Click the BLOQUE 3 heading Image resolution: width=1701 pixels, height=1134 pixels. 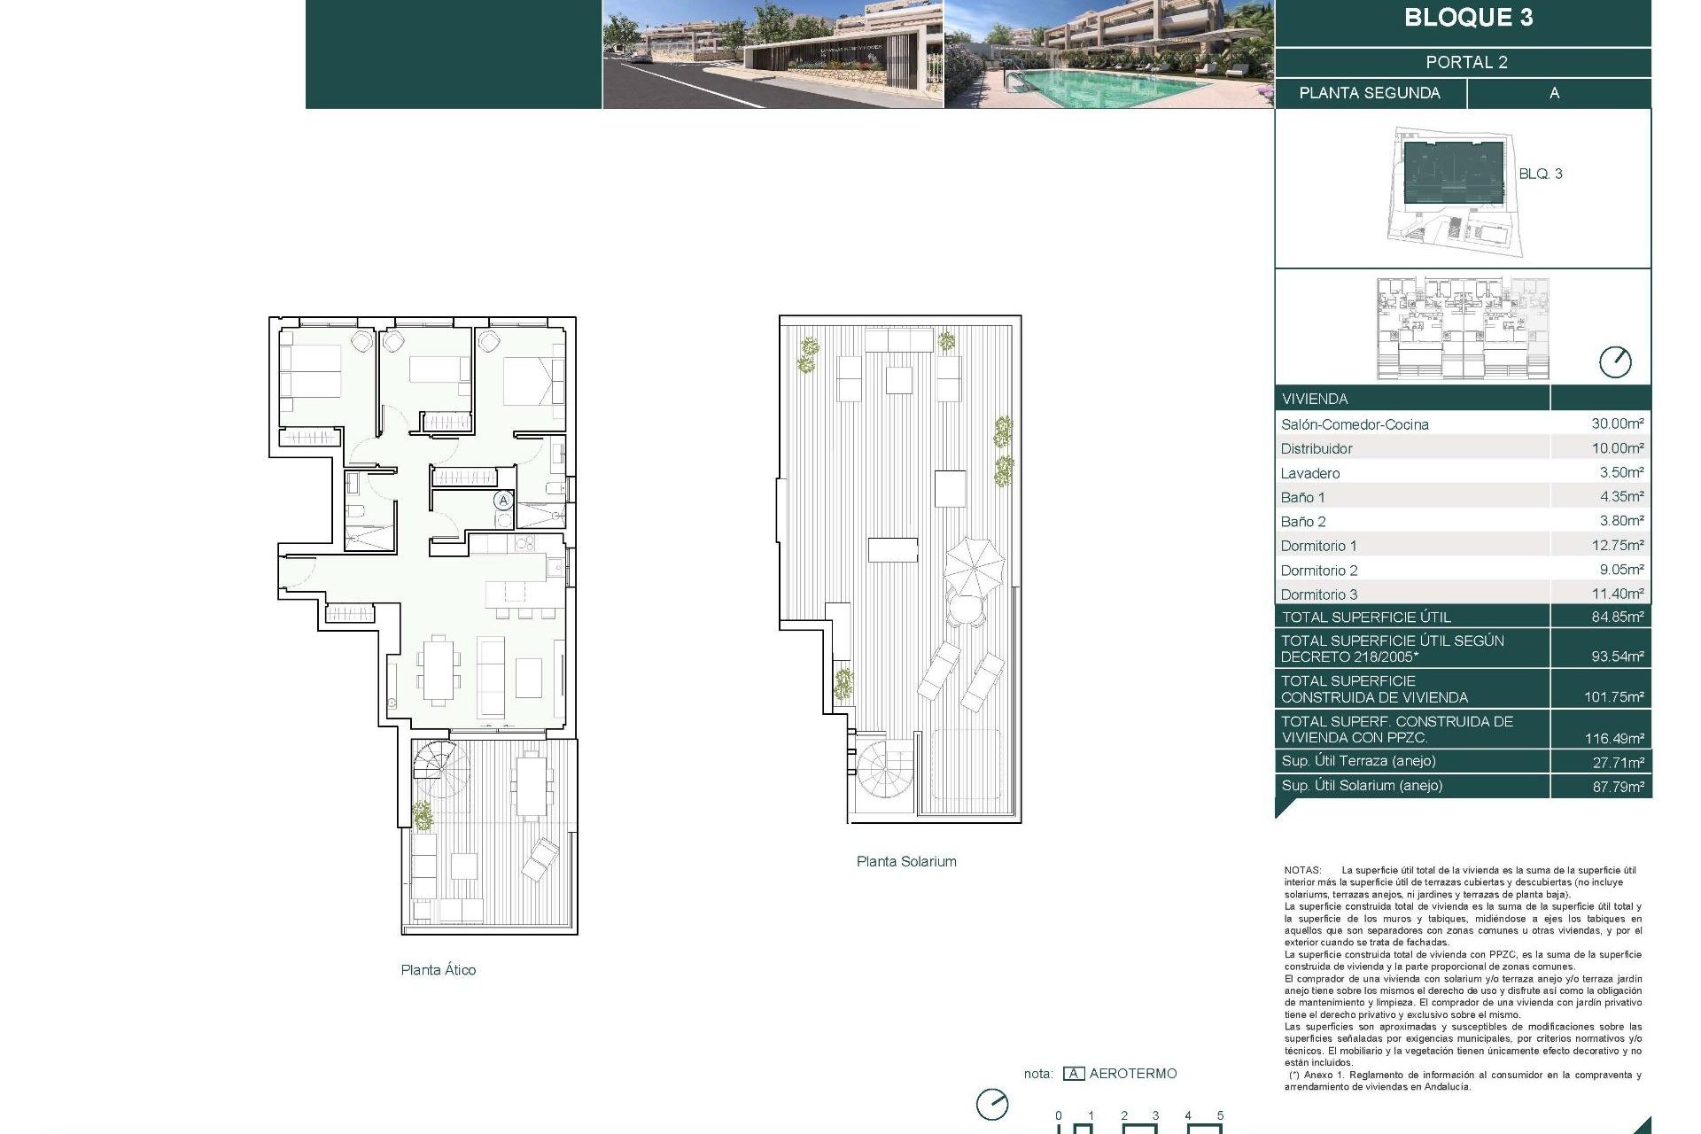[x=1468, y=18]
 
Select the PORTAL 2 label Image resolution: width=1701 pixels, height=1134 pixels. [x=1466, y=62]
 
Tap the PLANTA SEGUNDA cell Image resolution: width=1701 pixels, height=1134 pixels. [x=1369, y=93]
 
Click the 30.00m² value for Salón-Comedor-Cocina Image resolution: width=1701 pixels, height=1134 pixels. [x=1617, y=423]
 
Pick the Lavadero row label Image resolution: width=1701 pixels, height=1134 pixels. [x=1309, y=473]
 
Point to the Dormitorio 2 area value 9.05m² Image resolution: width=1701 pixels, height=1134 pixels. [x=1621, y=570]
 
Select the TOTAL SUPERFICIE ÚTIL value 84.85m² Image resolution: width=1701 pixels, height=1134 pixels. [x=1617, y=617]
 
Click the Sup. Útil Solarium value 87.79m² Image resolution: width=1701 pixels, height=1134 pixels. [x=1618, y=786]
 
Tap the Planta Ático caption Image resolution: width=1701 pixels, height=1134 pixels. [x=438, y=970]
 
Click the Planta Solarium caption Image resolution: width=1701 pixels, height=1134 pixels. [x=905, y=861]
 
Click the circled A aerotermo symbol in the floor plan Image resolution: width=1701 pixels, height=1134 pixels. [x=503, y=501]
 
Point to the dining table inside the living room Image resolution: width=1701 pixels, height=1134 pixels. [x=438, y=669]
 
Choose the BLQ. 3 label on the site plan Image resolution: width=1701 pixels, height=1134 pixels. [x=1540, y=174]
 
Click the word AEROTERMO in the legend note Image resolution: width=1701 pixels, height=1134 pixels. [x=1132, y=1074]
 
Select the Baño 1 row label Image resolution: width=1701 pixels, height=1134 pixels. [x=1302, y=498]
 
